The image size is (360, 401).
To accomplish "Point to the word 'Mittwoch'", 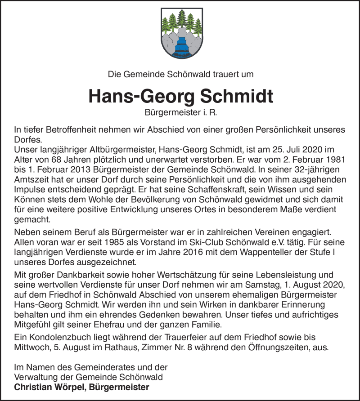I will (31, 347).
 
